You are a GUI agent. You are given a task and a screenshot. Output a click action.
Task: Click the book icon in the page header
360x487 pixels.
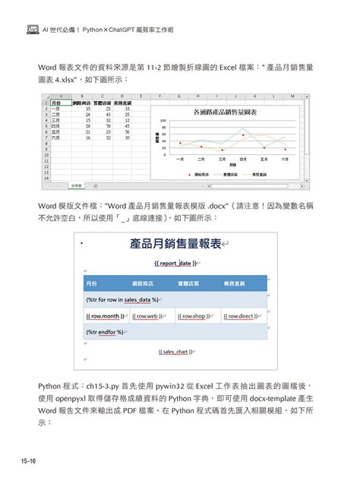point(33,30)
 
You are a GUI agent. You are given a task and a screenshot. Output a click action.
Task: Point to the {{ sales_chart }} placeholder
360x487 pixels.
point(175,352)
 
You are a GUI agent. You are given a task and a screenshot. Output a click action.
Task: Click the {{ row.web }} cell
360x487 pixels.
point(150,315)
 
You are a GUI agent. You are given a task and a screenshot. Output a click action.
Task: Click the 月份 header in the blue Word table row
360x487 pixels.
point(92,283)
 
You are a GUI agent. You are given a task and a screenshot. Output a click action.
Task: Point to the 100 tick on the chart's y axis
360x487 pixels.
point(164,120)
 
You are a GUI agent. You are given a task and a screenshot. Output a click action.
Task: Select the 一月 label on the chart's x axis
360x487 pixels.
point(180,159)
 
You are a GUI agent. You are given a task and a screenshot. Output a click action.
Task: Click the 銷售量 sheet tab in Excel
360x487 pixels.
point(77,185)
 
